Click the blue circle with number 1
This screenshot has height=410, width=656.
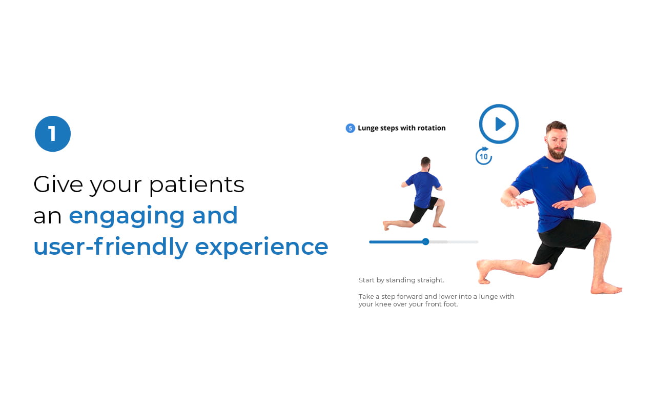[x=53, y=134]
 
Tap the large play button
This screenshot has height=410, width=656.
[x=499, y=124]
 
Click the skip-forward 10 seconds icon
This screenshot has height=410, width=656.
[x=483, y=156]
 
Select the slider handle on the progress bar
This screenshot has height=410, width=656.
[x=425, y=241]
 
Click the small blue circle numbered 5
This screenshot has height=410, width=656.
[x=350, y=128]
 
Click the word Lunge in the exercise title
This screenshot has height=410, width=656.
[x=368, y=128]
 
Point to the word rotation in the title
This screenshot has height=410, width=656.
[x=432, y=128]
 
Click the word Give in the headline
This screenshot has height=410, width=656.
[x=58, y=184]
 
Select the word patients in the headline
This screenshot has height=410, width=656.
[x=197, y=185]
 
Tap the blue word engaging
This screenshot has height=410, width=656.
[x=127, y=217]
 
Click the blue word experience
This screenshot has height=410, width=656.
[x=261, y=248]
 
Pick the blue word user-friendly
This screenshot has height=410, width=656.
[x=111, y=247]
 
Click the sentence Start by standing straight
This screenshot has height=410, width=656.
[x=401, y=280]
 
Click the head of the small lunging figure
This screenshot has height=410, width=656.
[x=425, y=163]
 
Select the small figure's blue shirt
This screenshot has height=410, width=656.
[x=423, y=189]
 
